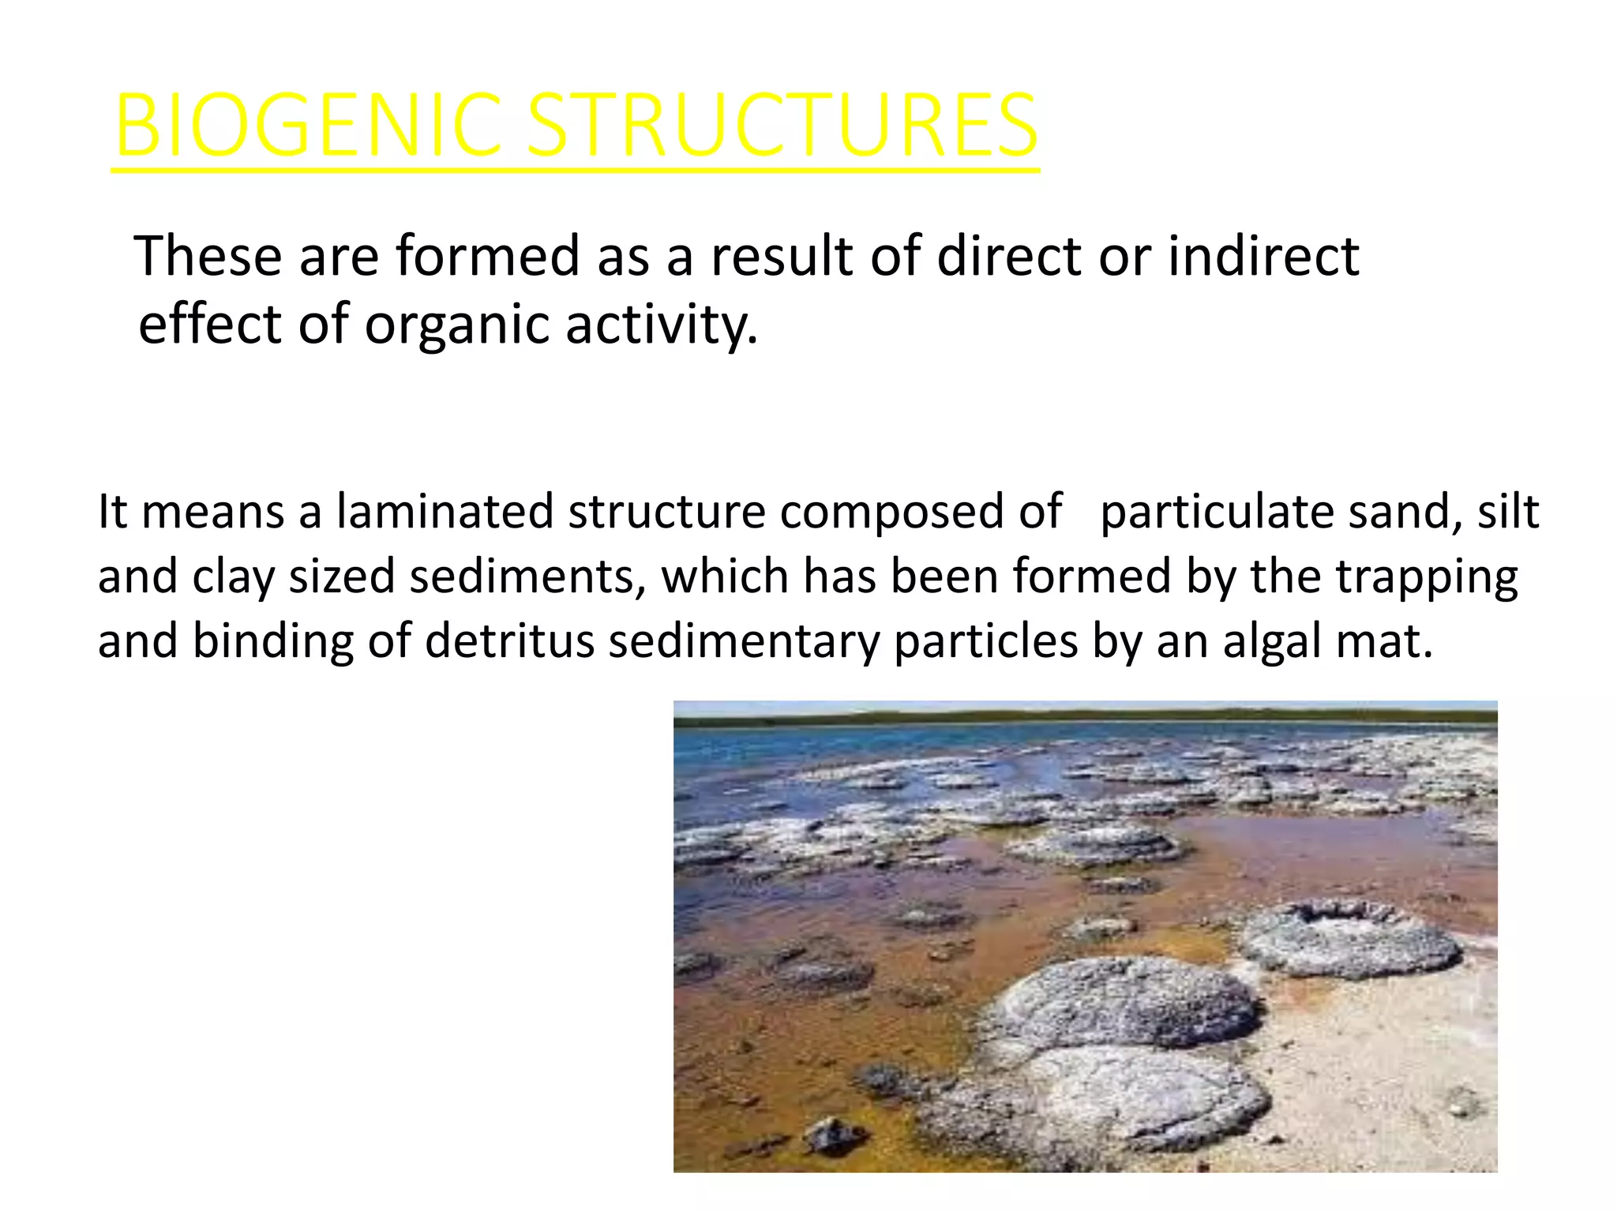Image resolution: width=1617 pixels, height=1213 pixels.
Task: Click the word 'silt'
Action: click(x=1507, y=512)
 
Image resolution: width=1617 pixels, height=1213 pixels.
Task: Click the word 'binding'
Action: click(x=273, y=640)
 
